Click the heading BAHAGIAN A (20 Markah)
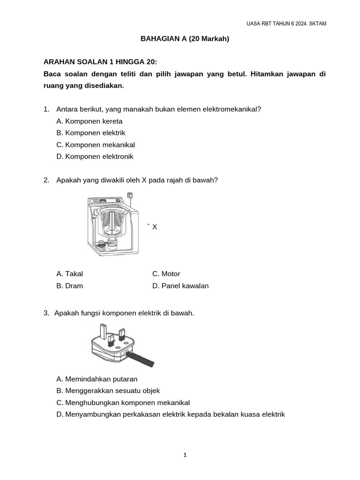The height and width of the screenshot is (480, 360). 185,39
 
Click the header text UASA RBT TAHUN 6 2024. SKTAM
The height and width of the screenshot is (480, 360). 286,24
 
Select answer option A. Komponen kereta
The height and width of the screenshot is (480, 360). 89,121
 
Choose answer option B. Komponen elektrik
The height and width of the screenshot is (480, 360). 90,133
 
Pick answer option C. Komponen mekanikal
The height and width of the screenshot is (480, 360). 95,145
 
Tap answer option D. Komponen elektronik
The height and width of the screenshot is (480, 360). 95,157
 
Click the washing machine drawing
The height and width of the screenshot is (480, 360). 112,225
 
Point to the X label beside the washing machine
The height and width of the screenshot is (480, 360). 155,227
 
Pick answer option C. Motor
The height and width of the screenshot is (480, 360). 166,274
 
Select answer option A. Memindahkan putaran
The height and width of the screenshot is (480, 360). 97,379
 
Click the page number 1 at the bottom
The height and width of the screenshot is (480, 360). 185,455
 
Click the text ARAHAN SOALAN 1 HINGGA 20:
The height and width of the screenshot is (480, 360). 100,62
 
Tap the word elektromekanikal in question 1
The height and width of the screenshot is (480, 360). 231,109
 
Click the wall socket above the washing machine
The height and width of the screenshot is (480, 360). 130,195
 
